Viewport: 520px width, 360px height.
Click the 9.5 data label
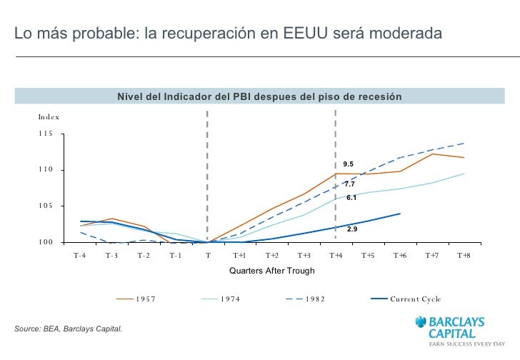(x=348, y=164)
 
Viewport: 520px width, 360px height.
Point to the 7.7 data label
(x=349, y=184)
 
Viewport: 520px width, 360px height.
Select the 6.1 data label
(x=351, y=197)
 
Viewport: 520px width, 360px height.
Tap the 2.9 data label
(x=352, y=229)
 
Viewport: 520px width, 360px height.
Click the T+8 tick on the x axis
(x=464, y=255)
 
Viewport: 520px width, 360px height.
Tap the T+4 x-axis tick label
(x=336, y=255)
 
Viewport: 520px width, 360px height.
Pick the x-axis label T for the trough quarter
(x=207, y=255)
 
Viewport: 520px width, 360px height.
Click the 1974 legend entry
(x=230, y=299)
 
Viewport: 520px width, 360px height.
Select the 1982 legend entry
(x=314, y=299)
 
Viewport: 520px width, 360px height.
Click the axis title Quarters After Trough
(x=271, y=271)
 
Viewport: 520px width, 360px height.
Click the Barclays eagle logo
(x=419, y=322)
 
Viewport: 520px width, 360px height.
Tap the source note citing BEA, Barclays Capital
(x=69, y=329)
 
